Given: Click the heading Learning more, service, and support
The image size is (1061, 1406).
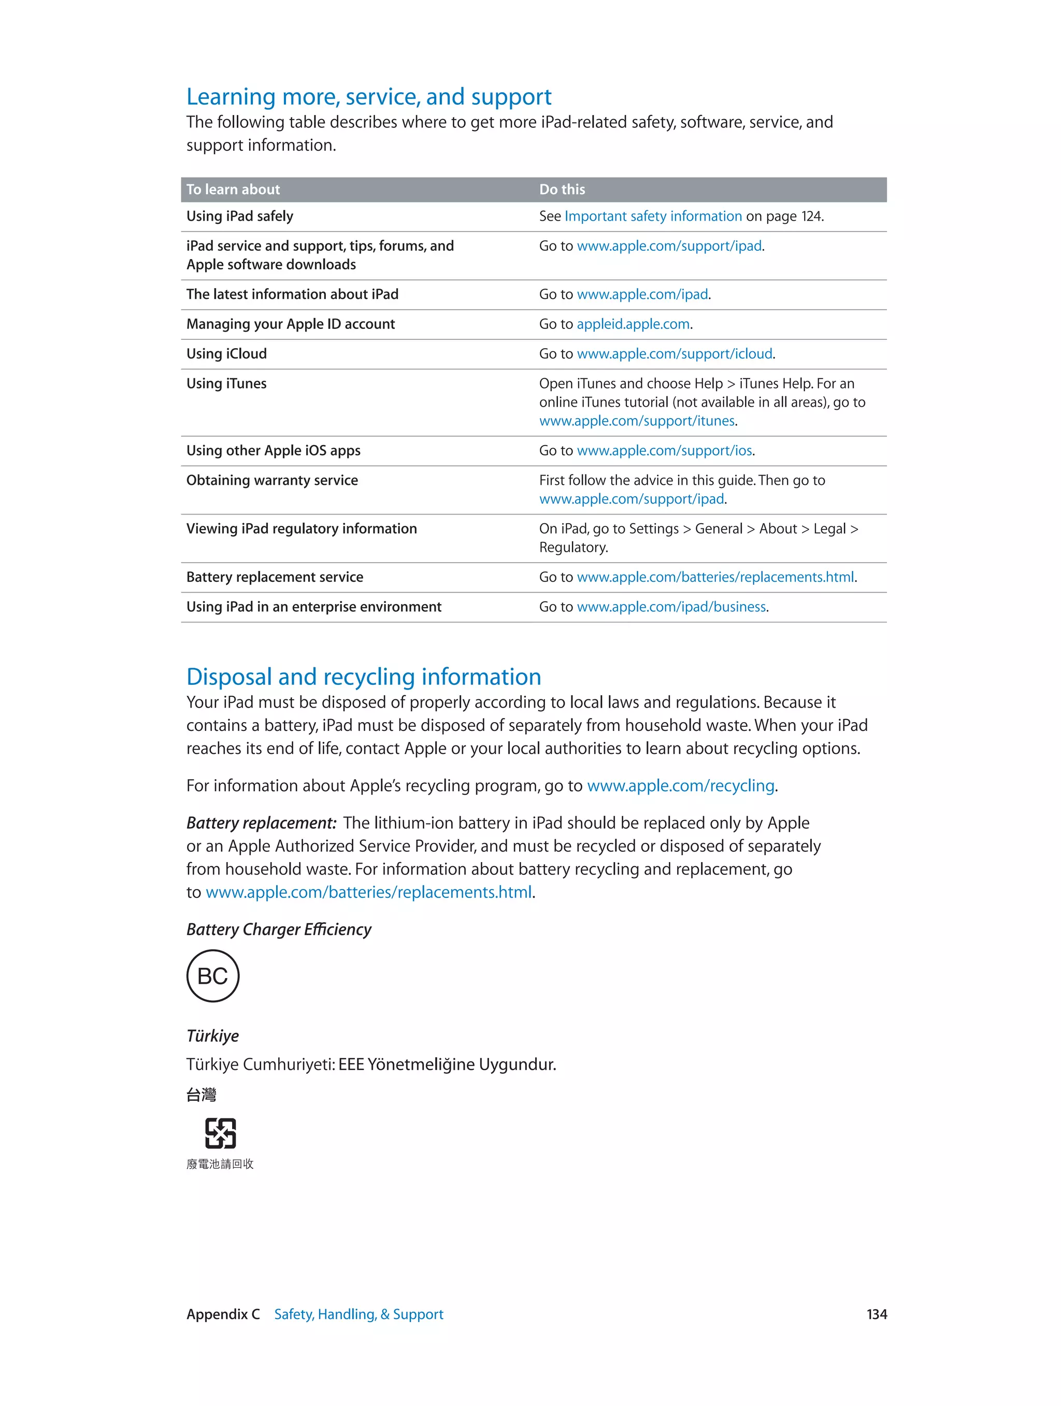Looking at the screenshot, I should point(369,96).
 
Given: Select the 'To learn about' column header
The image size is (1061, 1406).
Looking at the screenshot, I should point(233,190).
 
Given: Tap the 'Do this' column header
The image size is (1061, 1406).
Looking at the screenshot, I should point(562,190).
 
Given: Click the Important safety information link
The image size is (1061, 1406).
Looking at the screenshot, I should point(653,216).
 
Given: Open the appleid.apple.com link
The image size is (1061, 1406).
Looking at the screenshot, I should point(633,324).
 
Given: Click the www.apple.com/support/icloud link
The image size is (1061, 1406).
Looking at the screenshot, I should point(675,354).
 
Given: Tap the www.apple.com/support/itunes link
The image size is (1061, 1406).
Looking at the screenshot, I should point(637,421).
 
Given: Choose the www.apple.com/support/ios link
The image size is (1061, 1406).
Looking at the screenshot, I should point(664,451).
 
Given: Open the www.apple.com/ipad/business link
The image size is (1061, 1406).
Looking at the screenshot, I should point(671,607).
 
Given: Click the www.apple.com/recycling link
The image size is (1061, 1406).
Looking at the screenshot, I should point(680,786).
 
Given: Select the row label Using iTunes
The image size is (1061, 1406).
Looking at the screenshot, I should point(226,384).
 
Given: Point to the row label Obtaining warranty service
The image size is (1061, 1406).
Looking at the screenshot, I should point(272,481).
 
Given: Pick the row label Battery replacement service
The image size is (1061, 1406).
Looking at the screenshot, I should point(275,577).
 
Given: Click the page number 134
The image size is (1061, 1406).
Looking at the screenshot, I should point(877,1314).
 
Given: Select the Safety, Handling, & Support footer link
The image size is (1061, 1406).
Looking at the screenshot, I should point(359,1314).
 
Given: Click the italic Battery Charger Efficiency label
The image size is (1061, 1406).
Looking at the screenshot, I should point(278,929).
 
